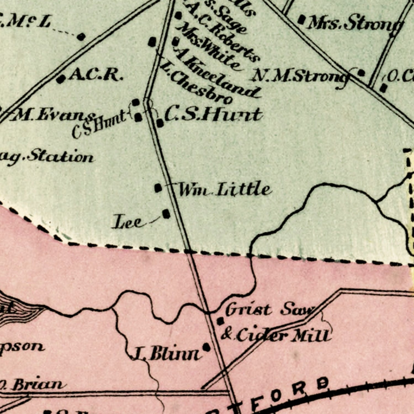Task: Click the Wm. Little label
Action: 224,190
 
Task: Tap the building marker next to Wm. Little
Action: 158,188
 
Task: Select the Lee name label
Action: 127,222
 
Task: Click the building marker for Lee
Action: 166,214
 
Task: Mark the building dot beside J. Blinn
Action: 206,347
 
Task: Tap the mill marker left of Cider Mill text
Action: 220,321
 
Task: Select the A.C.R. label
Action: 95,75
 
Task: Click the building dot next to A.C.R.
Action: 61,79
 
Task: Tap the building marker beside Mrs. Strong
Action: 302,19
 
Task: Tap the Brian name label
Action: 37,384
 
